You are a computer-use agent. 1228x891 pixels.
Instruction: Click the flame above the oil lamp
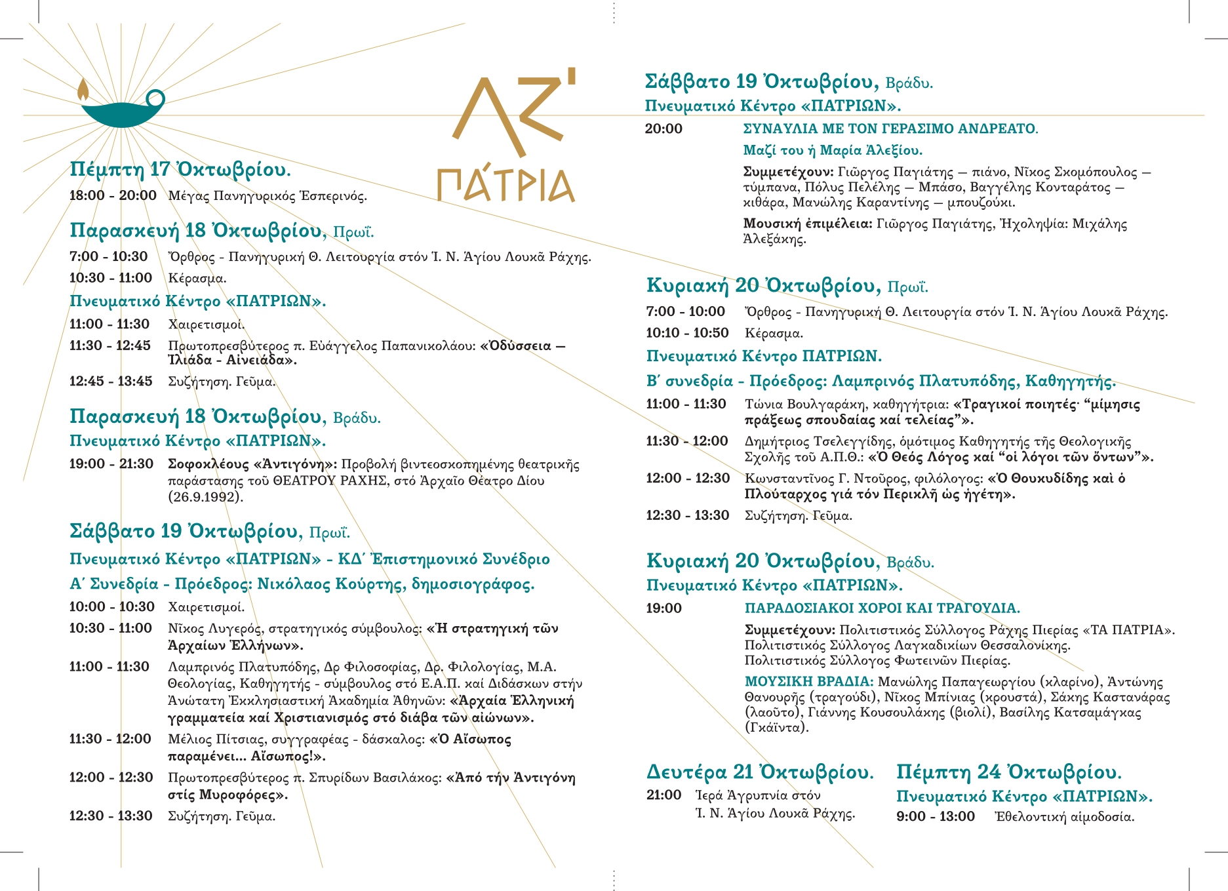click(83, 89)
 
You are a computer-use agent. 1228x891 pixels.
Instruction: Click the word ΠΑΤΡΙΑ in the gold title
click(505, 185)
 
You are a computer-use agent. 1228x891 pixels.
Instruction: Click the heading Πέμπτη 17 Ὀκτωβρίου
click(180, 170)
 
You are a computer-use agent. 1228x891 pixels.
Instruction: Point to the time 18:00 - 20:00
click(113, 195)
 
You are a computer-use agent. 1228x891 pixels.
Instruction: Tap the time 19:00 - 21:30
click(111, 464)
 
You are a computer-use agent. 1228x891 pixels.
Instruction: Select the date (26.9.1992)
click(205, 497)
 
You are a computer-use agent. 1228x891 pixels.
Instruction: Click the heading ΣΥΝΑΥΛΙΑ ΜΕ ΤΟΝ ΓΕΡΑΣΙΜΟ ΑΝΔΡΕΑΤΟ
click(890, 129)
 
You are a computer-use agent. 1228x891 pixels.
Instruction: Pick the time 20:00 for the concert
click(664, 129)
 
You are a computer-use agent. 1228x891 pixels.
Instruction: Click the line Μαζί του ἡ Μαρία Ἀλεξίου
click(833, 150)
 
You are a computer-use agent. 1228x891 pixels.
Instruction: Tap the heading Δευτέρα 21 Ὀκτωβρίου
click(760, 772)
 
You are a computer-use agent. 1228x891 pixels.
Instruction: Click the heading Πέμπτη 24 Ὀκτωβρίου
click(1009, 772)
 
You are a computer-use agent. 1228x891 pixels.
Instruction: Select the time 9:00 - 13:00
click(936, 817)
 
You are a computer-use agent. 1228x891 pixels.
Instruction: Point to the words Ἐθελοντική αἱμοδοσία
click(1064, 817)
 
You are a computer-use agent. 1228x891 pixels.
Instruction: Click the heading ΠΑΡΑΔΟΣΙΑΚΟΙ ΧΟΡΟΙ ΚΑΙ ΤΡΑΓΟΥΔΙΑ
click(882, 608)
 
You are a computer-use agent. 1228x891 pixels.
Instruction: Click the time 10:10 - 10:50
click(687, 333)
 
